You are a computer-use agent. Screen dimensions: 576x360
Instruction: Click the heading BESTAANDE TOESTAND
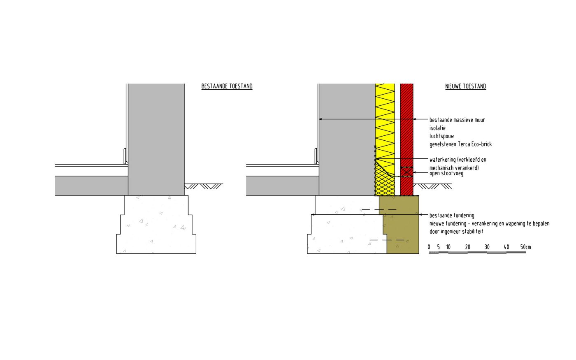click(x=227, y=86)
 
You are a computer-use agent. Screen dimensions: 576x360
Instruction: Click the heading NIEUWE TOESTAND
click(x=465, y=86)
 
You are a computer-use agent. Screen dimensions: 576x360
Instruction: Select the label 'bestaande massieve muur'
click(x=457, y=120)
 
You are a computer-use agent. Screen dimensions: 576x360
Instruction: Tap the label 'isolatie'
click(x=437, y=128)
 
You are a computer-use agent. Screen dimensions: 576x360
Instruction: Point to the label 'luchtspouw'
click(x=441, y=136)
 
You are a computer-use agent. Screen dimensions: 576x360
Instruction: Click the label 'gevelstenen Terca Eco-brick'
click(x=460, y=144)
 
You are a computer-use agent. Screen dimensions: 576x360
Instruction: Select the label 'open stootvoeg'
click(x=446, y=174)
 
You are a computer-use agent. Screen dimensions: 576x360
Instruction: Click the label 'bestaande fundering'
click(x=452, y=215)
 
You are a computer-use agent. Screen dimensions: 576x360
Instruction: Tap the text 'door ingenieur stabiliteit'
click(x=456, y=232)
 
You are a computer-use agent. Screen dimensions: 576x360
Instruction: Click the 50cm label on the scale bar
click(x=525, y=247)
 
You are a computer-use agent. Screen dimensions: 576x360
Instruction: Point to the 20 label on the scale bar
click(x=468, y=247)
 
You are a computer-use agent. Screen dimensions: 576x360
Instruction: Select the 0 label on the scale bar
click(x=429, y=247)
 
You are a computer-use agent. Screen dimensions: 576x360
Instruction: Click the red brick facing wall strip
click(x=406, y=123)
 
